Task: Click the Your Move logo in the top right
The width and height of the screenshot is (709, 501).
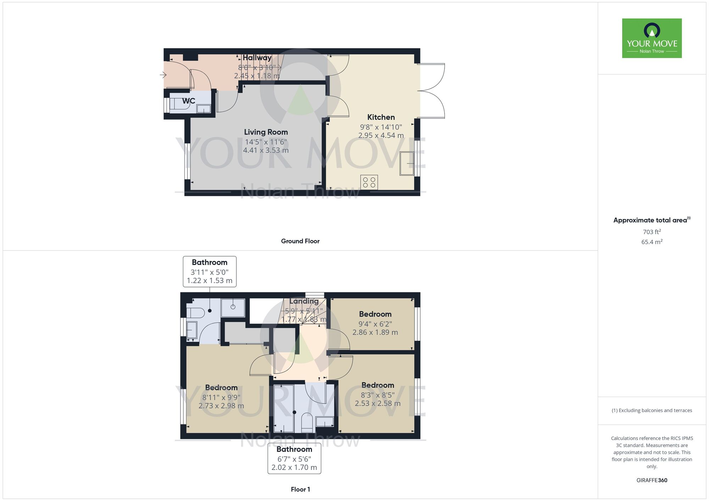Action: point(652,38)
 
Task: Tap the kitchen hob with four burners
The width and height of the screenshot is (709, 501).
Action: point(369,182)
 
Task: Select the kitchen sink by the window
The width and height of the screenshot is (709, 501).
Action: point(407,163)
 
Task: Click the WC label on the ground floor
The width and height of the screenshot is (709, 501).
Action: point(189,101)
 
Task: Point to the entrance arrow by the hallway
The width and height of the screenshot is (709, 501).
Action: point(163,75)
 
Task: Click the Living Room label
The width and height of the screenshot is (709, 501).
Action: point(266,132)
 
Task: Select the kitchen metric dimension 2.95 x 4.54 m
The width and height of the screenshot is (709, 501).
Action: point(381,135)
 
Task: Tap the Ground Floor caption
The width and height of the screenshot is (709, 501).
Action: point(300,241)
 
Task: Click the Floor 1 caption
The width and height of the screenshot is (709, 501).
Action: point(300,489)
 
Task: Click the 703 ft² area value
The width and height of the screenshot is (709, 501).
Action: point(652,232)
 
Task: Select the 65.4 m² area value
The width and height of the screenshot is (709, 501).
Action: point(652,242)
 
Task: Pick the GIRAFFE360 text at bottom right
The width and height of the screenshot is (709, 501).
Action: point(652,480)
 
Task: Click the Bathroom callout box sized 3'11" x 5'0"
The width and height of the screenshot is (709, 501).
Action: point(210,271)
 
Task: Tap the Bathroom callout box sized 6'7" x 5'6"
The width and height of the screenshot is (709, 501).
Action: point(294,458)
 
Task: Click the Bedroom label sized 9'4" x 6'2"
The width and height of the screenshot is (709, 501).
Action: point(375,314)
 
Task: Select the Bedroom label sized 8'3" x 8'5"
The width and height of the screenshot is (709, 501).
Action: point(378,385)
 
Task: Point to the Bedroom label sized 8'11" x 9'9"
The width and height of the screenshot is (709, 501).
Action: point(221,388)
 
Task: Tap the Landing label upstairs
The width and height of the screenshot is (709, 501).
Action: point(304,301)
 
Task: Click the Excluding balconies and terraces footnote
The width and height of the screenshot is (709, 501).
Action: point(652,411)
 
